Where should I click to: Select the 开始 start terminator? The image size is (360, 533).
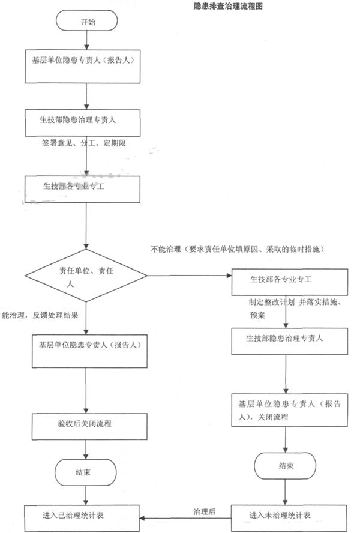(x=88, y=22)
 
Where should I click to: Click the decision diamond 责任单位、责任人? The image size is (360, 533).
(x=88, y=276)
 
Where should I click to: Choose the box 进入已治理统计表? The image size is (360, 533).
(x=83, y=516)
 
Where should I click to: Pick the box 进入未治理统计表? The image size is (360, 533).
(x=289, y=516)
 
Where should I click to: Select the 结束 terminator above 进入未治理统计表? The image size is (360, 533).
(x=286, y=466)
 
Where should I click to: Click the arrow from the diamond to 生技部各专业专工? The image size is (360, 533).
(x=189, y=276)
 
